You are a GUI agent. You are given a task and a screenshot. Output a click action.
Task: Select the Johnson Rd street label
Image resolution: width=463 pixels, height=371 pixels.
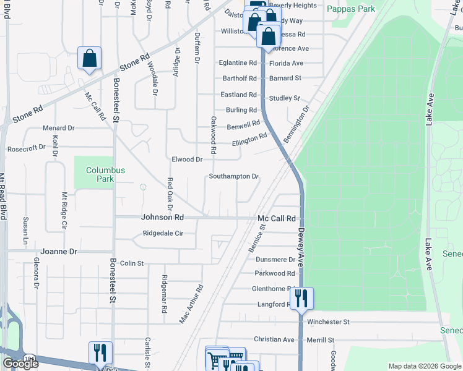pyautogui.click(x=162, y=218)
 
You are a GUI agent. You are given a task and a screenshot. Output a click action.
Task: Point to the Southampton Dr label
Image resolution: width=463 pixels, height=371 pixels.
pyautogui.click(x=233, y=176)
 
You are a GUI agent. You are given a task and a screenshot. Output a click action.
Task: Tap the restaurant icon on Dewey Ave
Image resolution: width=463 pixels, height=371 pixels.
pyautogui.click(x=301, y=299)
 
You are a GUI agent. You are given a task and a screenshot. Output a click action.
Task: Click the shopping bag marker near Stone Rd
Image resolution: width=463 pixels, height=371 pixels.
pyautogui.click(x=89, y=59)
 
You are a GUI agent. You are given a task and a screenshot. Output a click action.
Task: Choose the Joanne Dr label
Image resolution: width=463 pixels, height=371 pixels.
pyautogui.click(x=59, y=252)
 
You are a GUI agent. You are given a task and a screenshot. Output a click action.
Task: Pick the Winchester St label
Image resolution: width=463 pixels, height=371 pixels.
pyautogui.click(x=329, y=322)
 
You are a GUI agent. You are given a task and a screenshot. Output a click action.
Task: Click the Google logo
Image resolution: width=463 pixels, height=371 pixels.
pyautogui.click(x=20, y=364)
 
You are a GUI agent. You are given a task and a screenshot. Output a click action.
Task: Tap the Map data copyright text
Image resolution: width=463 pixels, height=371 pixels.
pyautogui.click(x=425, y=366)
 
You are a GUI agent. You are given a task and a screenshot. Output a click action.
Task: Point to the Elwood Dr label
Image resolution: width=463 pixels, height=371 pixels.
pyautogui.click(x=187, y=160)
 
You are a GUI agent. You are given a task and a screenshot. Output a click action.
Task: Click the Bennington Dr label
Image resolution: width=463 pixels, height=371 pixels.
pyautogui.click(x=296, y=126)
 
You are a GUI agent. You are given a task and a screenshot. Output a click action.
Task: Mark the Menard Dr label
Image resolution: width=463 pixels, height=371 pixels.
pyautogui.click(x=58, y=128)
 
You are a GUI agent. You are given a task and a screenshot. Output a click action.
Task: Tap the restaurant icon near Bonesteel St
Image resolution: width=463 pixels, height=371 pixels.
pyautogui.click(x=100, y=353)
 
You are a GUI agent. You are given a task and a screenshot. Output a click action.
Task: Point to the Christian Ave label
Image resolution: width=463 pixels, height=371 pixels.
pyautogui.click(x=274, y=339)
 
